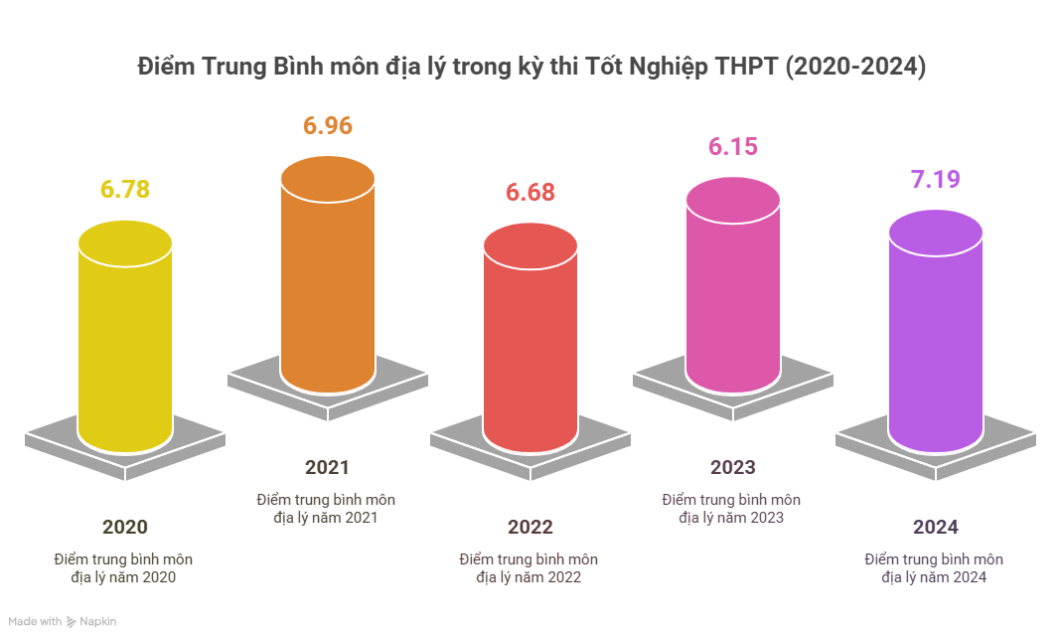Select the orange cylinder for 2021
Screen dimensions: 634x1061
(328, 278)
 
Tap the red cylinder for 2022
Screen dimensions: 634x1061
(530, 343)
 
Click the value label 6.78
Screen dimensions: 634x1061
(125, 189)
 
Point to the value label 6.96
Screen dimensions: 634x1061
(328, 126)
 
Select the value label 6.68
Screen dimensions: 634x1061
(530, 193)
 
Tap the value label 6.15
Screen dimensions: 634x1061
(733, 147)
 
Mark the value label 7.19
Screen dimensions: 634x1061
(936, 181)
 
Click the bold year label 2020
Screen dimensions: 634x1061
(125, 528)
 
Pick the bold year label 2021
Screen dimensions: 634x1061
(328, 467)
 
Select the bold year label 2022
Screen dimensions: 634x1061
(530, 528)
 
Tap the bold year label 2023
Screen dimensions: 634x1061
(733, 467)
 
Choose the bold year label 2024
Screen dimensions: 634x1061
(936, 528)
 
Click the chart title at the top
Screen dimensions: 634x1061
(530, 68)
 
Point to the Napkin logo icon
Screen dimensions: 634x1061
(72, 622)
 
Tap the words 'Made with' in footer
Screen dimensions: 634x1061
(38, 622)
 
